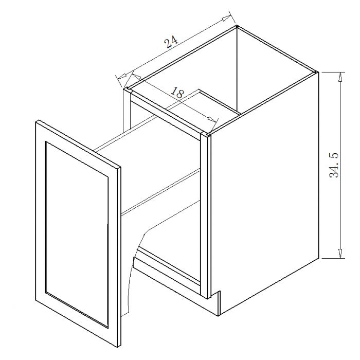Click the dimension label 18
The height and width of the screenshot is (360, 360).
pos(178,92)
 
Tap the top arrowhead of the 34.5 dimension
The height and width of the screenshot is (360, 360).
pos(340,77)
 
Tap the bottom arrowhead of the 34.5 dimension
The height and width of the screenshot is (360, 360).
pos(340,253)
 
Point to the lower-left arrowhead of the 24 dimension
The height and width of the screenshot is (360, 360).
pos(121,76)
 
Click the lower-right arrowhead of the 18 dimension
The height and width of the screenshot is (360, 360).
pos(212,119)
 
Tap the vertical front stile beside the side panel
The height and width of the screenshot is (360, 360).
pos(206,216)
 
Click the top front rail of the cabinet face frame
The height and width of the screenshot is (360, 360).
pos(166,114)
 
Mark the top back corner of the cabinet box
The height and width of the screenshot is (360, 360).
pos(237,26)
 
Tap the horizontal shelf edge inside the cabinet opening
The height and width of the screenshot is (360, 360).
pos(160,191)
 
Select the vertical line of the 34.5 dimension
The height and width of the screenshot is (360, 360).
pos(340,165)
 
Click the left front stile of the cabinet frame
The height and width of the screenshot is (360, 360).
pos(127,110)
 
